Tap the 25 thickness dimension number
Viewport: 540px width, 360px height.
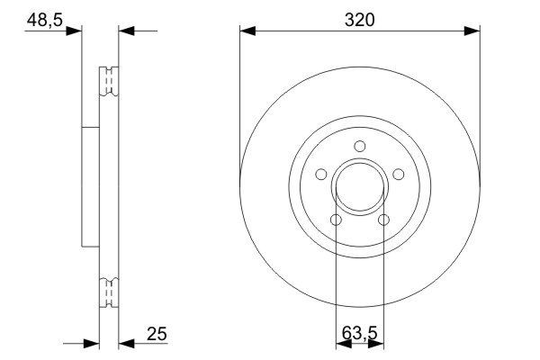click(x=157, y=335)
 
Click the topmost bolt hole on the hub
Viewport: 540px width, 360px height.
click(x=359, y=147)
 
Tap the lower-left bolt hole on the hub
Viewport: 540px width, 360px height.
click(x=335, y=220)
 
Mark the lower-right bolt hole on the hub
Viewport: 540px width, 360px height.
click(x=383, y=220)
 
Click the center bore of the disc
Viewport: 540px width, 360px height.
click(x=359, y=188)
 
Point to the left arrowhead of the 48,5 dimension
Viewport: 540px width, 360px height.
click(x=73, y=31)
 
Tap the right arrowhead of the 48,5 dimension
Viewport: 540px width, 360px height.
click(x=127, y=31)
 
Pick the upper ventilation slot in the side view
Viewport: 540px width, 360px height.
click(x=109, y=81)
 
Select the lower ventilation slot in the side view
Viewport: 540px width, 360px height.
click(x=109, y=293)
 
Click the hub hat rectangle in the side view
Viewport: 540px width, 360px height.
click(x=90, y=186)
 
